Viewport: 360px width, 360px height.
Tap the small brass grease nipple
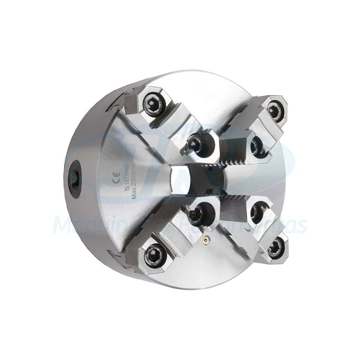[x=207, y=240]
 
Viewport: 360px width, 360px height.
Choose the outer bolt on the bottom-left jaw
[x=151, y=255]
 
